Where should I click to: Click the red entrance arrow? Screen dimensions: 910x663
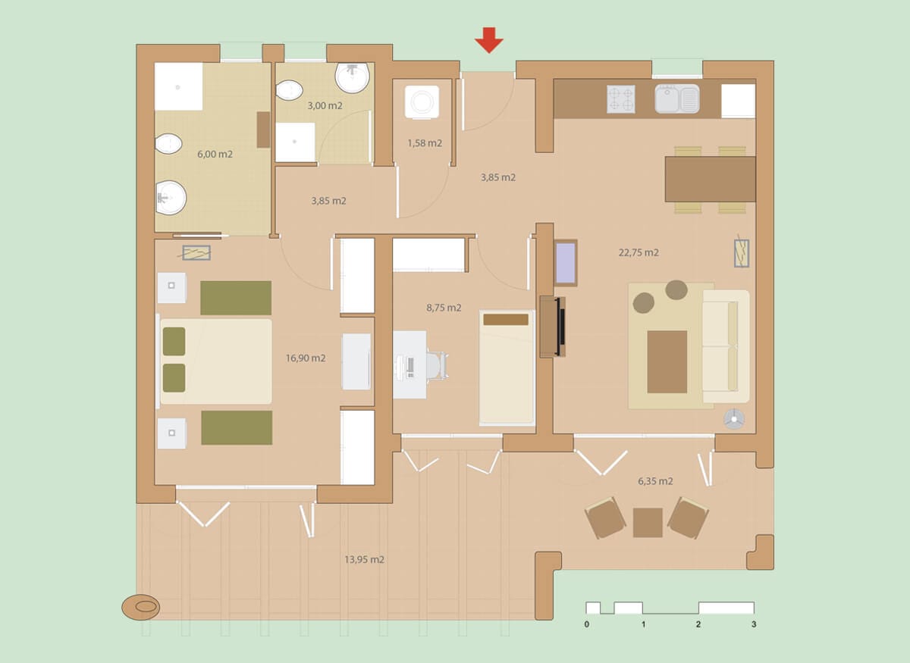(489, 40)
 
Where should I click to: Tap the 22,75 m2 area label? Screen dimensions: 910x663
(639, 252)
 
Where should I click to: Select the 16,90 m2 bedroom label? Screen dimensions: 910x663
(306, 358)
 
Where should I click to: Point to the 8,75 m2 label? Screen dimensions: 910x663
(444, 308)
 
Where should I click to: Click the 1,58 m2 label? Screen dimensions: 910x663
(425, 143)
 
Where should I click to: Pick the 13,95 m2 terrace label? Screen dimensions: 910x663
(364, 559)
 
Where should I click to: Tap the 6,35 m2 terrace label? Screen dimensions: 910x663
(655, 481)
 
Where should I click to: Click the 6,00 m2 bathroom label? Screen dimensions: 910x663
(215, 154)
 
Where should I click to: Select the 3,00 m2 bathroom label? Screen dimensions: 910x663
(325, 105)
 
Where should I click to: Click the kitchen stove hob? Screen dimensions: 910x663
(621, 99)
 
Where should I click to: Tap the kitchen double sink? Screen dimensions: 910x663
(676, 99)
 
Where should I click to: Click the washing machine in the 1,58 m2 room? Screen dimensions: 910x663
(422, 102)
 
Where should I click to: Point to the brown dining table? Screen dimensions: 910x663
(710, 179)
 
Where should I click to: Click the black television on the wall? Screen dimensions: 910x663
(561, 327)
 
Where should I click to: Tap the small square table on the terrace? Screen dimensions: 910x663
(648, 523)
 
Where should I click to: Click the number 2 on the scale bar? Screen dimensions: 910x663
(698, 624)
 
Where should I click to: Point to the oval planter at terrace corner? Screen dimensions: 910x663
(141, 608)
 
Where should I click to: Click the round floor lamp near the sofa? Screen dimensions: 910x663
(734, 419)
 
